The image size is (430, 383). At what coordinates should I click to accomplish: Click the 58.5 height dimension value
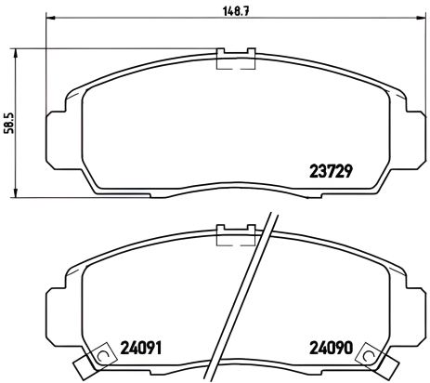click(8, 122)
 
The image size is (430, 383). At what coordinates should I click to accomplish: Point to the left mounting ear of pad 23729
click(56, 125)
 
